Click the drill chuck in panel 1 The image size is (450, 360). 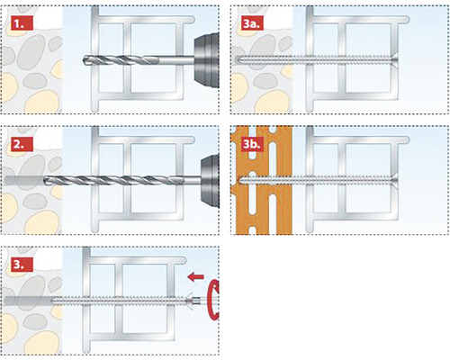pos(206,59)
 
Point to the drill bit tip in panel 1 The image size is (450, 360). pos(82,59)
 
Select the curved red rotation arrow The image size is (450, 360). pos(214,301)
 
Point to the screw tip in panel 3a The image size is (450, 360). pos(238,59)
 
